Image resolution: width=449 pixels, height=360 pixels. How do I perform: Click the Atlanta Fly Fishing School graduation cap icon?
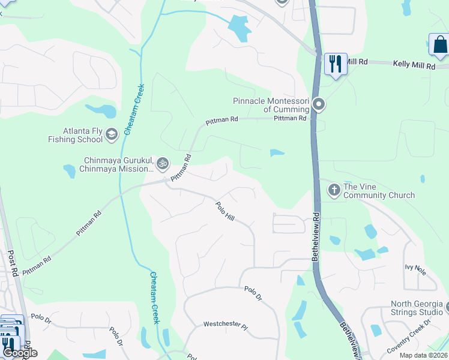tap(111, 134)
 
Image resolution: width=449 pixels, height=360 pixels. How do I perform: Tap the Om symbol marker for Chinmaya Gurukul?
tap(162, 163)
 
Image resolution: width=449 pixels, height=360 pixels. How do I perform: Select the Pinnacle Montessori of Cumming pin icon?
tap(319, 105)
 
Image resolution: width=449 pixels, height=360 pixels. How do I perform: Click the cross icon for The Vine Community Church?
tap(334, 190)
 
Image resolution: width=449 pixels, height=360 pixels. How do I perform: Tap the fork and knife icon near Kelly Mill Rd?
tap(336, 64)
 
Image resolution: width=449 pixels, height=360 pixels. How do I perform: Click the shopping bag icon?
tap(439, 44)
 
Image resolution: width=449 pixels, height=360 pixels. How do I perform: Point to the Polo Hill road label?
tap(225, 210)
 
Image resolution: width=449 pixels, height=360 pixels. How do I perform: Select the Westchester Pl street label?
tap(225, 325)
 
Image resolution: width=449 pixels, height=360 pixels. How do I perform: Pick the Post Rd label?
tap(13, 264)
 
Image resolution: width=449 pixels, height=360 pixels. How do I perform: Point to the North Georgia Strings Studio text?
tap(417, 308)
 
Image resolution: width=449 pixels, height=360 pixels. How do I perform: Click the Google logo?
tap(20, 353)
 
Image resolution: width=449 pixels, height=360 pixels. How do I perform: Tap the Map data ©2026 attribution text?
tap(424, 355)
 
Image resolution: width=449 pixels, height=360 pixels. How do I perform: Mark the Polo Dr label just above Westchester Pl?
tap(253, 293)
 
